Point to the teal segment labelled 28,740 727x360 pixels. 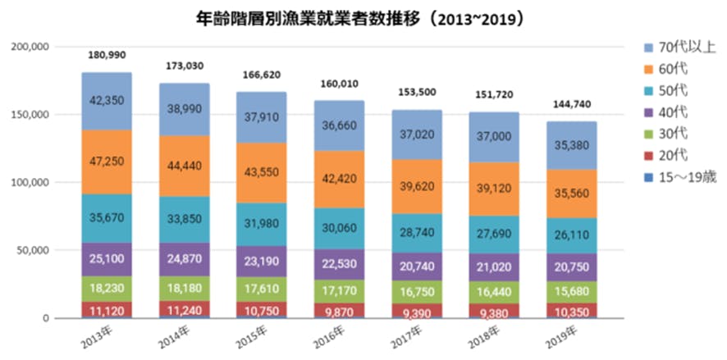point(417,234)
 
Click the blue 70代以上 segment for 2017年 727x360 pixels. point(417,134)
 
